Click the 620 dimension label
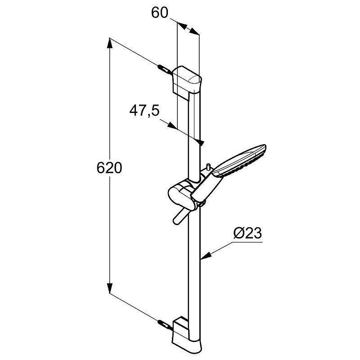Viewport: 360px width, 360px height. (x=109, y=168)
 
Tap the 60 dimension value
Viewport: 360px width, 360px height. (x=160, y=13)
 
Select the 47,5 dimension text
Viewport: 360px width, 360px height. (x=144, y=111)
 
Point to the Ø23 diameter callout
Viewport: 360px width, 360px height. (x=247, y=234)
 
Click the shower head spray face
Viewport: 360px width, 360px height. (x=240, y=162)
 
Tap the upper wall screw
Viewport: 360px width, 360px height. (x=165, y=70)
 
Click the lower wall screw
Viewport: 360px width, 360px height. (x=165, y=325)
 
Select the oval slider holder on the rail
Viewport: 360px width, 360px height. (x=183, y=194)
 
